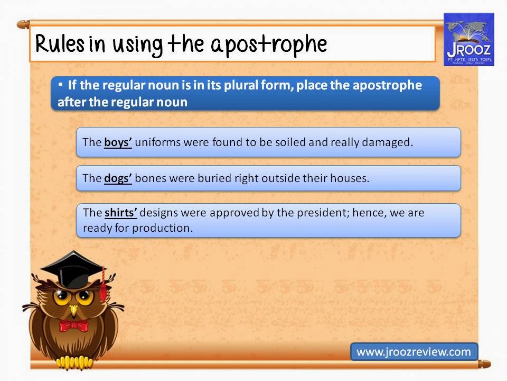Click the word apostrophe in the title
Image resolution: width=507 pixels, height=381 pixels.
pyautogui.click(x=269, y=45)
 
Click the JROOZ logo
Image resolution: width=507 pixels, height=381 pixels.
pyautogui.click(x=468, y=40)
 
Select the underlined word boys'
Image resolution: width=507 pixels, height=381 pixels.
pyautogui.click(x=118, y=142)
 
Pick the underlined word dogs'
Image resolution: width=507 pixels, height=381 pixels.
pyautogui.click(x=118, y=178)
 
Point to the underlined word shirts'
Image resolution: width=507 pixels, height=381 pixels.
pyautogui.click(x=121, y=213)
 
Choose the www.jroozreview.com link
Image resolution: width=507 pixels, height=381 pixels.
pyautogui.click(x=414, y=351)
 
